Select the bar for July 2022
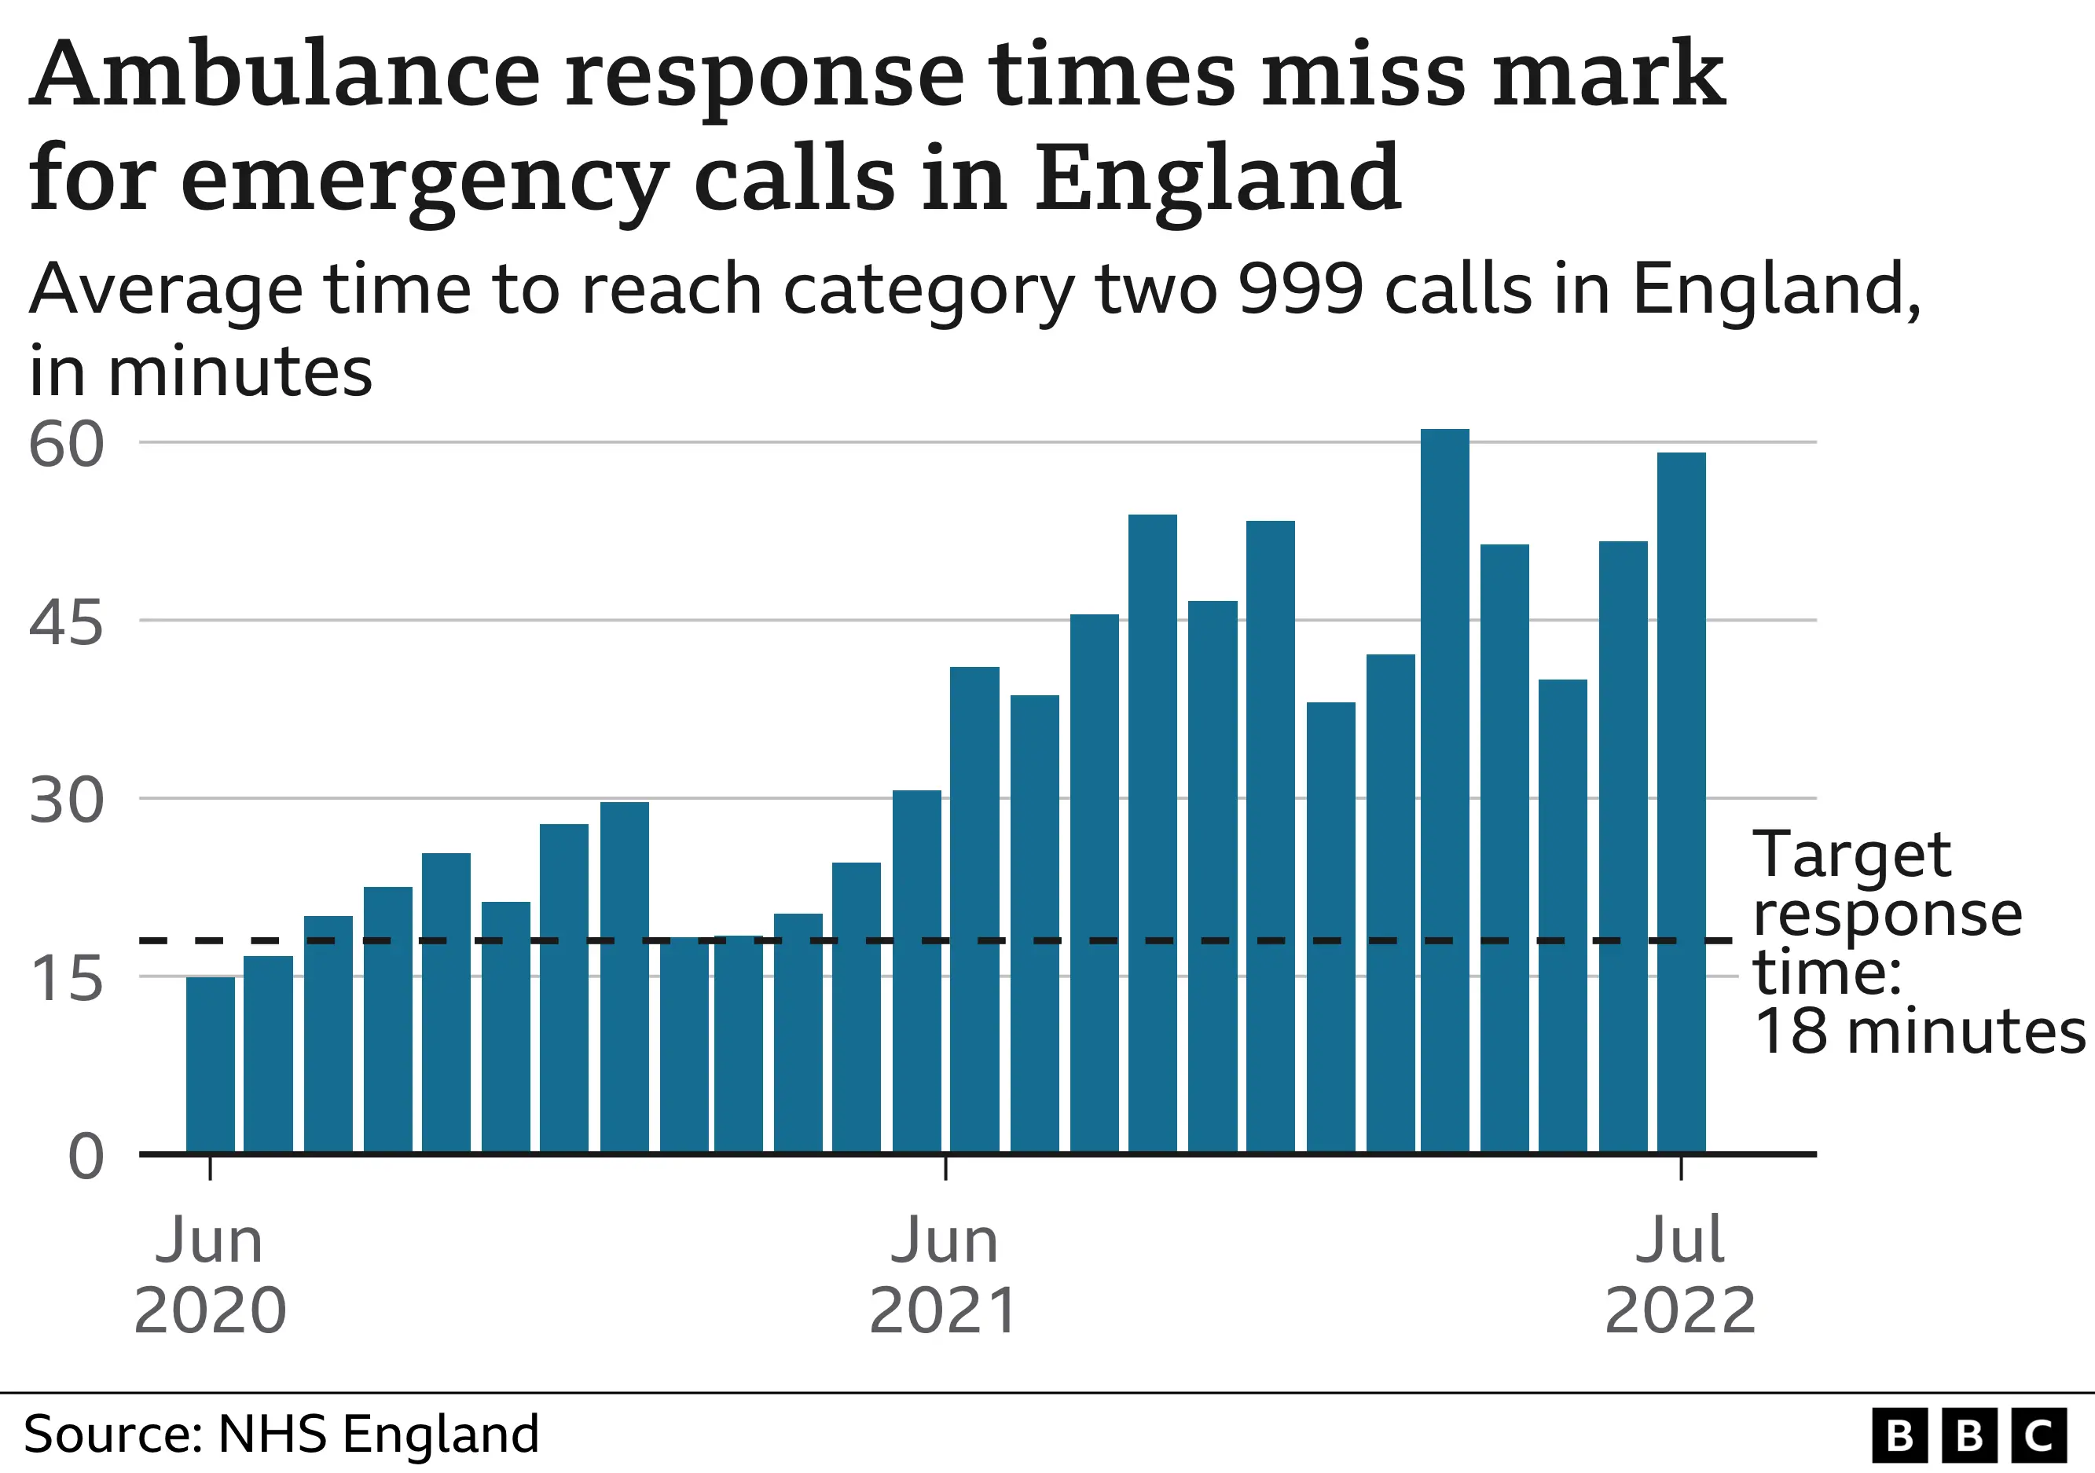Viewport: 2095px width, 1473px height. click(x=1681, y=803)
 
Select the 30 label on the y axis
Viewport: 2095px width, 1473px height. click(x=66, y=802)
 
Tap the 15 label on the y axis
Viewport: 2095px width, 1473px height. click(x=66, y=980)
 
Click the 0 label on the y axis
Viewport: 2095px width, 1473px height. click(x=86, y=1157)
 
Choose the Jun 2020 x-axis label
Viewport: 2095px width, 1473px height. click(x=210, y=1275)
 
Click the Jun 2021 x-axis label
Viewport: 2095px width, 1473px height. click(x=945, y=1275)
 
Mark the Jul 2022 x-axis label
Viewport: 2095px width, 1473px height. click(x=1680, y=1275)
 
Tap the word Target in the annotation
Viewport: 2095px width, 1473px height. click(x=1851, y=855)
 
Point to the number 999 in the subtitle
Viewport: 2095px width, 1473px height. click(x=1301, y=289)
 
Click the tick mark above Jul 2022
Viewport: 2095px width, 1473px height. click(x=1681, y=1168)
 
